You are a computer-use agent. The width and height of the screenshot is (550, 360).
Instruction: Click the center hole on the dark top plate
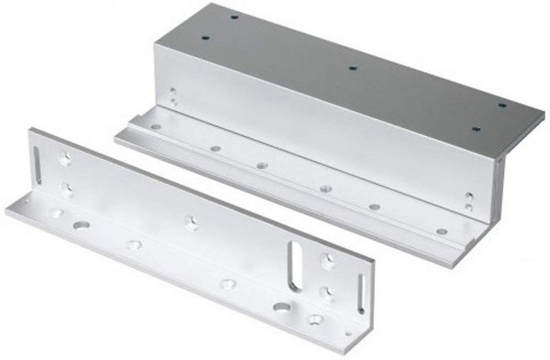coord(352,68)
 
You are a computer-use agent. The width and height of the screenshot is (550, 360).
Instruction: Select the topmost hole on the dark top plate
coord(234,15)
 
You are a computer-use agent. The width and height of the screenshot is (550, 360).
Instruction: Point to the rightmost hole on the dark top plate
coord(502,105)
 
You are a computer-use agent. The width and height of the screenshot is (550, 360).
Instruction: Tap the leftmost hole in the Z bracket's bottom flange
coord(156,126)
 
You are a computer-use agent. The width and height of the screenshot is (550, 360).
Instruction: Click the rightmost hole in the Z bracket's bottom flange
coord(441,232)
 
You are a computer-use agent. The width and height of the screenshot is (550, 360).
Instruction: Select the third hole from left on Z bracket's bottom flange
coord(261,165)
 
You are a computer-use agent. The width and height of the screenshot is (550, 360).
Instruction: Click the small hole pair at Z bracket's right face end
coord(468,201)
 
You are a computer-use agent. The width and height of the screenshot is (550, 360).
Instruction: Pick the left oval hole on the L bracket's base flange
coord(80,224)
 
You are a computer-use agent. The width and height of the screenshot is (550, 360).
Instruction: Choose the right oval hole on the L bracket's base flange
coord(280,306)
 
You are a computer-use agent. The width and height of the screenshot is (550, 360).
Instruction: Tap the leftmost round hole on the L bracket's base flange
coord(54,213)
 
